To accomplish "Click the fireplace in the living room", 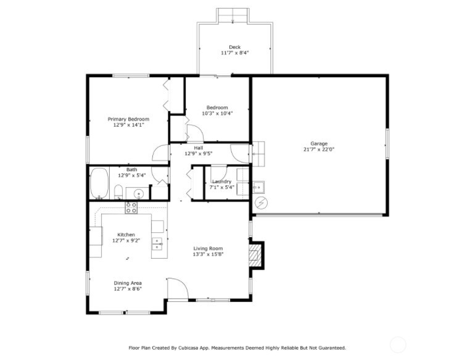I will coord(254,254).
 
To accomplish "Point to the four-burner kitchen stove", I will coord(131,207).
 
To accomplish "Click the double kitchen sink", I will coord(157,243).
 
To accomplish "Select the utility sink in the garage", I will coord(258,185).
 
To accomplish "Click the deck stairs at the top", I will coord(233,15).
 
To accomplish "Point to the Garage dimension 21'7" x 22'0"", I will coord(318,149).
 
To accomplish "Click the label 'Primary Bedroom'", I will coord(128,119).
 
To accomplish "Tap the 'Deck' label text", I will coord(234,47).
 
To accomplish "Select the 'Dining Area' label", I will coord(128,283).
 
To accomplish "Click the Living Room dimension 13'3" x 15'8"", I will coord(208,254).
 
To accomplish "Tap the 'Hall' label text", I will coord(198,148).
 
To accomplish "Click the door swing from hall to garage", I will coord(239,152).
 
